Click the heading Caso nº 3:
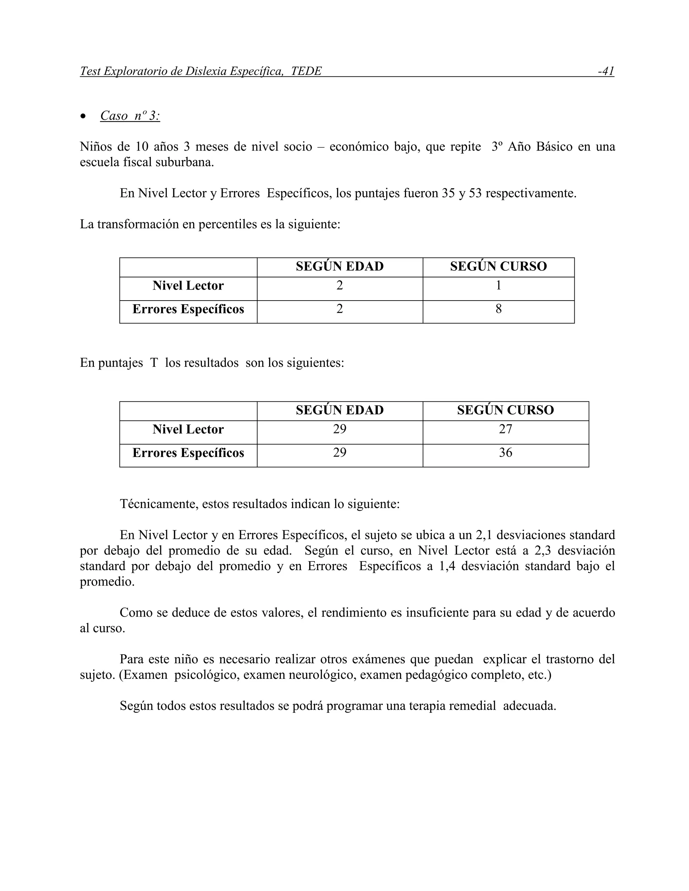click(130, 116)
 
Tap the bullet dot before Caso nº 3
click(83, 117)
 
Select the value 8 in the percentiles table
click(498, 309)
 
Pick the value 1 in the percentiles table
click(498, 285)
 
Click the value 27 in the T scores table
click(505, 429)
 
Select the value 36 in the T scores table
click(505, 453)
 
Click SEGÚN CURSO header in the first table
click(498, 266)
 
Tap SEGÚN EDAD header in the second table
click(339, 410)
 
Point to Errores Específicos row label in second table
click(188, 453)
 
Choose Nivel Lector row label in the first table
click(188, 285)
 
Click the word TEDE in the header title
click(306, 71)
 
